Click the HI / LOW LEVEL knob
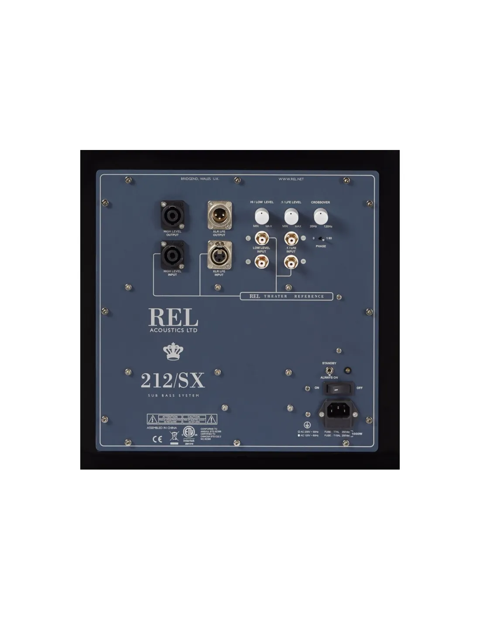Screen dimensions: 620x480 [262, 216]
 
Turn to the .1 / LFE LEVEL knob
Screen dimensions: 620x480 [291, 216]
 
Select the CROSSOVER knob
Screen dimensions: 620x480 [321, 216]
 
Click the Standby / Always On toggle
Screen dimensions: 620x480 [330, 370]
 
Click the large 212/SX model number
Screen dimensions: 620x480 [172, 381]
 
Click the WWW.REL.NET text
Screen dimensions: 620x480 [291, 179]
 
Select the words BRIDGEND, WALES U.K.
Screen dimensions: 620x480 [200, 179]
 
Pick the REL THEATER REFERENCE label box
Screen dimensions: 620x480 [286, 296]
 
